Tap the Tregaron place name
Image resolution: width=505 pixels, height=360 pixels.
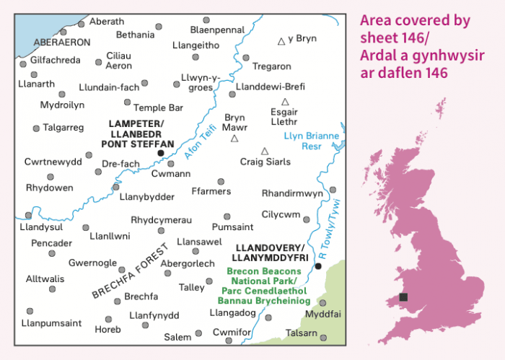[x=271, y=66]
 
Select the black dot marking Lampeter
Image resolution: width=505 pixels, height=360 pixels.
[x=160, y=153]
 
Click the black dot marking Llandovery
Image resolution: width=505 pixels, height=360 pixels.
[x=318, y=266]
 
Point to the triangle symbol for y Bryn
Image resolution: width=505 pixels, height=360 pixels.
[x=282, y=41]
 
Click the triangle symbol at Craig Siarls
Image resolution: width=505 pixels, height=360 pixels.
[x=265, y=151]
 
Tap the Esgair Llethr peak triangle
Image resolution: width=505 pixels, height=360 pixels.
[x=285, y=102]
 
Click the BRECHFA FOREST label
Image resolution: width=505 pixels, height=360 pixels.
[x=130, y=271]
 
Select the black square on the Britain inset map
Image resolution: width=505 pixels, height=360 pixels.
[x=403, y=297]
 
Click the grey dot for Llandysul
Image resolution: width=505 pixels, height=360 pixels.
[x=28, y=215]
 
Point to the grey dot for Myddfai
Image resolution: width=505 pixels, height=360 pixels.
[x=322, y=303]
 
